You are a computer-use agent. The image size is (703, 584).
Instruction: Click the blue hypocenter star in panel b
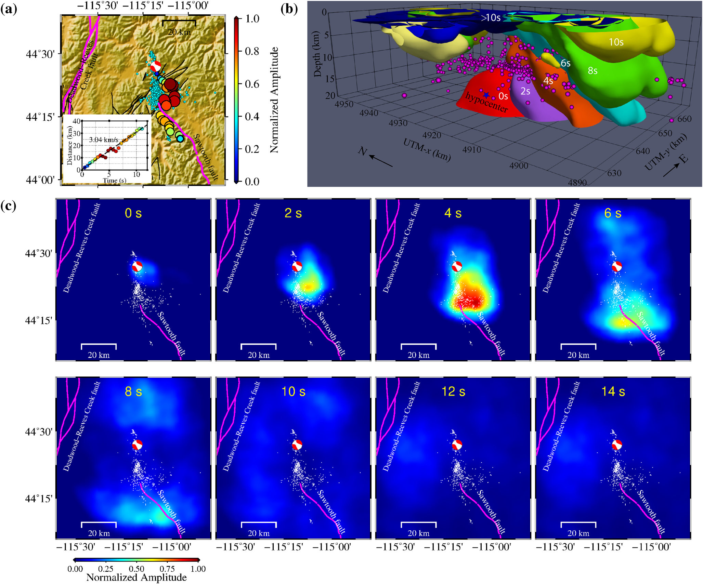point(486,95)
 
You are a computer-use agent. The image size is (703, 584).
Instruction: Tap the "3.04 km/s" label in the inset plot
point(104,140)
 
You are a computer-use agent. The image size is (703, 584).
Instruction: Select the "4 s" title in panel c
point(453,213)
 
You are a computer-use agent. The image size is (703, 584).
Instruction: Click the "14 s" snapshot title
point(613,391)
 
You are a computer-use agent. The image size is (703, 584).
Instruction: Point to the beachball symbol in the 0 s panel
point(137,266)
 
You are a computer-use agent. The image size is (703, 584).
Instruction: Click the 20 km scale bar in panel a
point(179,22)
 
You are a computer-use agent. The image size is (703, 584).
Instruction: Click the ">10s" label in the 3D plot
point(491,18)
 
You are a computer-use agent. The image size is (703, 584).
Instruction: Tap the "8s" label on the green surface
point(593,71)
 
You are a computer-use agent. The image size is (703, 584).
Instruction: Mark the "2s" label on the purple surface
point(525,91)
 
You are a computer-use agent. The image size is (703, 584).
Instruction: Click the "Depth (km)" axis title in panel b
point(317,54)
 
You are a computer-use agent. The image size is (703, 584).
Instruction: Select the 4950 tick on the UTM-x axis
point(344,104)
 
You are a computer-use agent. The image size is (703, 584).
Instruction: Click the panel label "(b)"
point(289,9)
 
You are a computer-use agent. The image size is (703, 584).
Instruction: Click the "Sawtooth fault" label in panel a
point(206,157)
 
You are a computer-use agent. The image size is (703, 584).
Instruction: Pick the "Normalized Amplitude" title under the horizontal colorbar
point(136,578)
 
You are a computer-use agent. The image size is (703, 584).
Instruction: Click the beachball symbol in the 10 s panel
point(297,445)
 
